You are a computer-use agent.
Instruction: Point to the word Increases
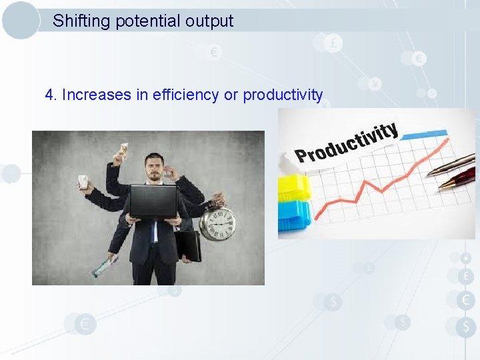coord(97,95)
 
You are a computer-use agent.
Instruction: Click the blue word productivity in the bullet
coord(283,95)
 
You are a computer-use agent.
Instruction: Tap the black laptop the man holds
coord(153,201)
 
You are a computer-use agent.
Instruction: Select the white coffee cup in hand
coord(83,182)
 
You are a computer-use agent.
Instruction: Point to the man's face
coord(155,167)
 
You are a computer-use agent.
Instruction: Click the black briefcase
coord(189,245)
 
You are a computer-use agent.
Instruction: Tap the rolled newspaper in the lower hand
coord(103,267)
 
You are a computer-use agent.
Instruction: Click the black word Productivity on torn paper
coord(347,143)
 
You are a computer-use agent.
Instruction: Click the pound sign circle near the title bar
coord(333,43)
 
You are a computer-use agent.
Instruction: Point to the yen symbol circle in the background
coord(375,84)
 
